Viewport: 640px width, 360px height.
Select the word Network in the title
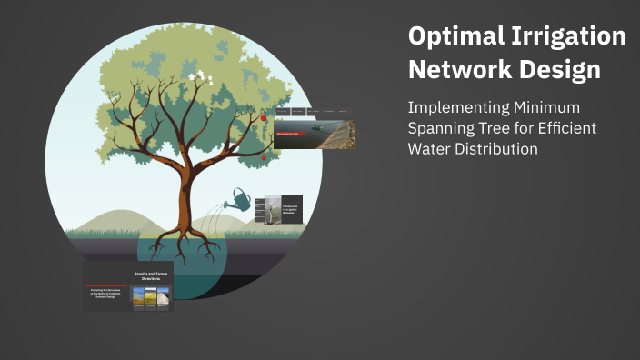pyautogui.click(x=455, y=70)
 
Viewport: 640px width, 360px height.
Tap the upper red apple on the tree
pyautogui.click(x=264, y=117)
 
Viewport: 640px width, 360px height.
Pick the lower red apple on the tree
pyautogui.click(x=264, y=157)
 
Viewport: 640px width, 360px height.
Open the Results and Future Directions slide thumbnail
pyautogui.click(x=128, y=285)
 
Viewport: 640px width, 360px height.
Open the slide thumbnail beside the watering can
pyautogui.click(x=280, y=216)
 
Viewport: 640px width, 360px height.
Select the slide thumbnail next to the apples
pyautogui.click(x=314, y=128)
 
